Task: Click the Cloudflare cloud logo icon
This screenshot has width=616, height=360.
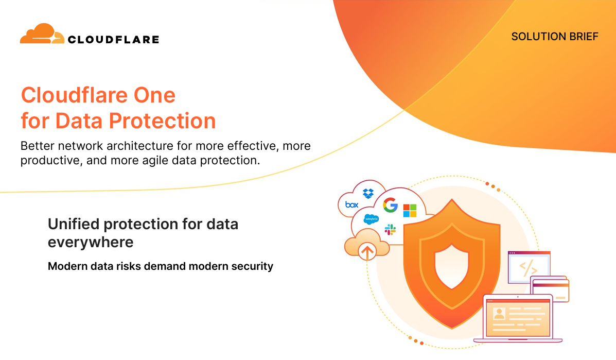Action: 42,33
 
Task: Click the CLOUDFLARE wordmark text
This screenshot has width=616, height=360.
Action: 114,39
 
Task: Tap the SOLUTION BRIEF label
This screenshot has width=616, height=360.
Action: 555,37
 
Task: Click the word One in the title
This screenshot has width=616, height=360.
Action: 154,95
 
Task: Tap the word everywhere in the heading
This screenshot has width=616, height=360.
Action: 91,243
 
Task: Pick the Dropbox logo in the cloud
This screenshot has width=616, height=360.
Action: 368,193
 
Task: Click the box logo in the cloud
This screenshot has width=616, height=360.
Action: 351,204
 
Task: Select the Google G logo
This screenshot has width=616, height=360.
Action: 390,205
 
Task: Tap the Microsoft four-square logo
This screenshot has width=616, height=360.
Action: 410,211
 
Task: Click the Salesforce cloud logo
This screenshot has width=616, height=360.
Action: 371,219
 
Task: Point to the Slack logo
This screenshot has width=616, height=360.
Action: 390,230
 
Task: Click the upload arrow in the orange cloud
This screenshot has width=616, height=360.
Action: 367,252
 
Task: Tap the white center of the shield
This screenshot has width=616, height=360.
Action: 452,267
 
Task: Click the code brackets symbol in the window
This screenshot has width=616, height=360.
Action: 529,268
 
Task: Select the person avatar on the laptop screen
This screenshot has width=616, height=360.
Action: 499,314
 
